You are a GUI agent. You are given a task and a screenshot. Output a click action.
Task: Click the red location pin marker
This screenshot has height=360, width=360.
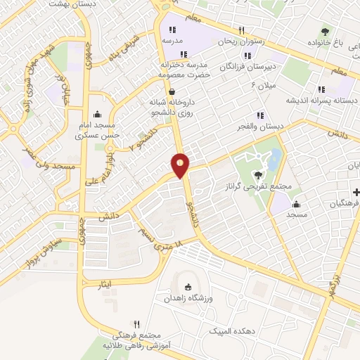[x=180, y=165]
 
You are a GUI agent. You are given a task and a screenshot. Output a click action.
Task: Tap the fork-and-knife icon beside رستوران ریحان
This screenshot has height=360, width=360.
[x=241, y=30]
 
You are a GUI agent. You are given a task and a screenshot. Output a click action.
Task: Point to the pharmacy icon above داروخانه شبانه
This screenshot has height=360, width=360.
[x=172, y=91]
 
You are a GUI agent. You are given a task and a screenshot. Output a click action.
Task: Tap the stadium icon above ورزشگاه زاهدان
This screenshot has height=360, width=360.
[x=187, y=286]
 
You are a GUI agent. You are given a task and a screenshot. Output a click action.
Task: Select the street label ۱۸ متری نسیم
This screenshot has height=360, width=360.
[x=160, y=239]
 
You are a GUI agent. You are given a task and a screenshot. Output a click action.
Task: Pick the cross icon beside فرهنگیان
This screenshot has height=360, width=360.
[x=356, y=192]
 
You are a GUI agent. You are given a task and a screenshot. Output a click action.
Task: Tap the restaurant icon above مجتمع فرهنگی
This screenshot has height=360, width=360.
[x=136, y=325]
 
